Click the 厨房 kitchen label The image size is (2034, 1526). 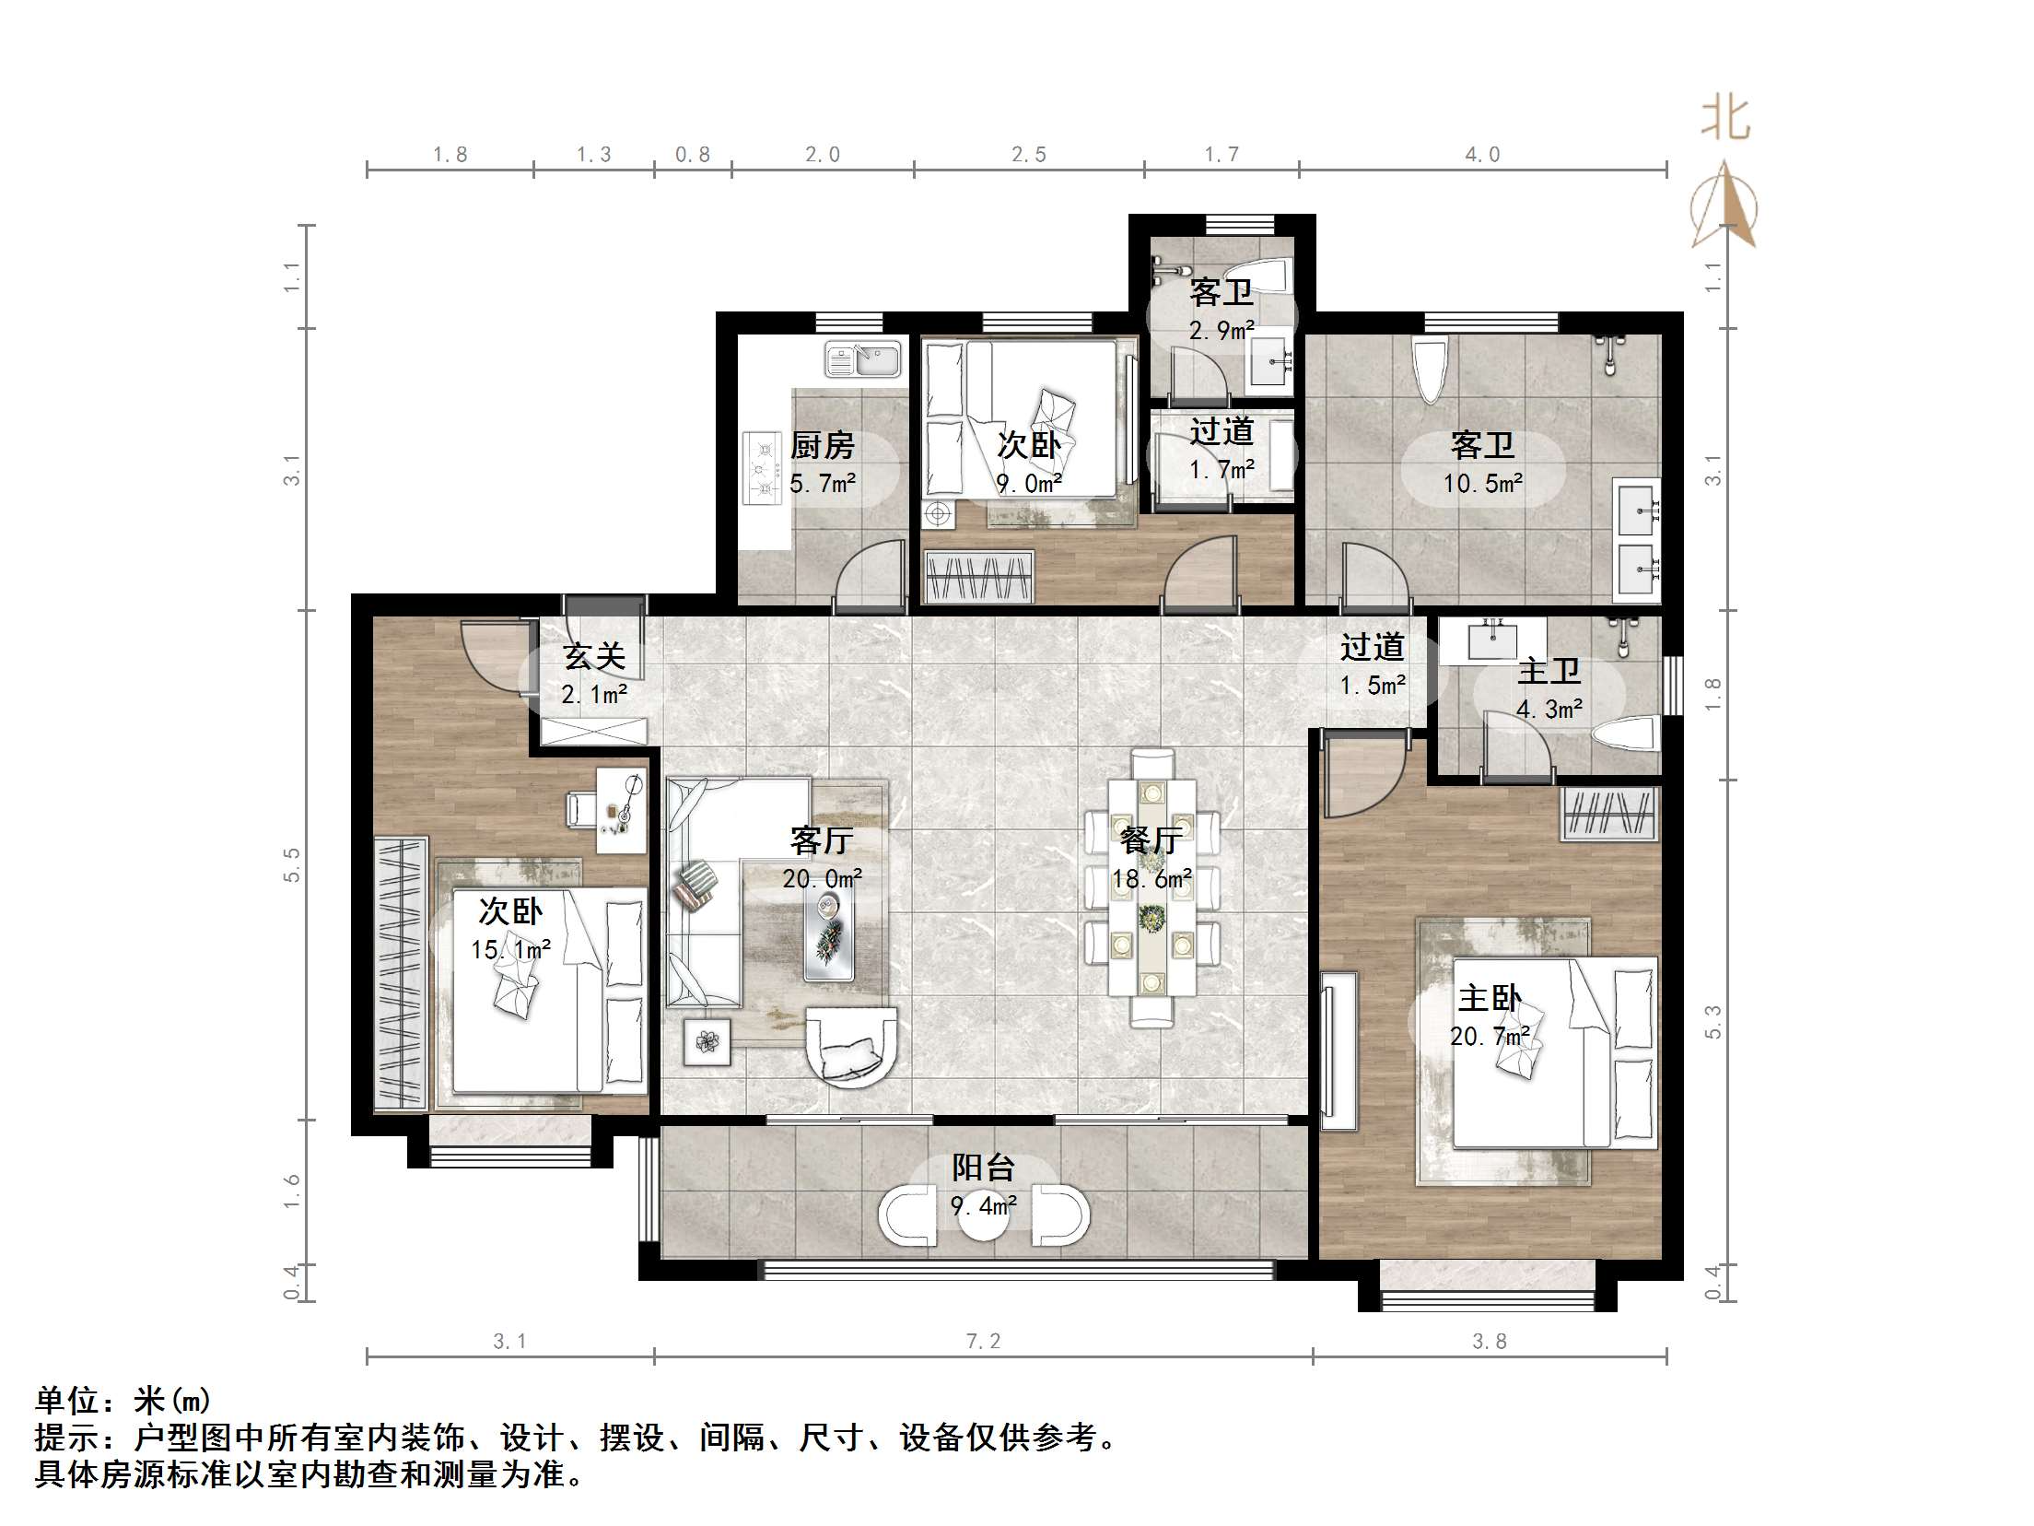pos(822,446)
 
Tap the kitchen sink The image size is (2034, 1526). pos(863,358)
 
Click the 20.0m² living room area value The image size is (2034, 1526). pos(822,879)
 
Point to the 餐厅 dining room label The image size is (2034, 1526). pos(1151,840)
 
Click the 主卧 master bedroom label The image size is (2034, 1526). pos(1490,998)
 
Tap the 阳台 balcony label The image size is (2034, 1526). pos(983,1168)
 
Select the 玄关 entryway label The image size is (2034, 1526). pos(594,656)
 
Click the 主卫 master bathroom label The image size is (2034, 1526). pos(1549,670)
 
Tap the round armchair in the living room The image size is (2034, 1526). pos(851,1047)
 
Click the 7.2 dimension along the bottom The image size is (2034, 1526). pos(983,1342)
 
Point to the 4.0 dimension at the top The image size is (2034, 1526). pos(1483,155)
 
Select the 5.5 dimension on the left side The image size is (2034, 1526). pos(292,864)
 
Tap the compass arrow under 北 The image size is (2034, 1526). pos(1724,205)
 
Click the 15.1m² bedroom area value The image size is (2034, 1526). pos(511,949)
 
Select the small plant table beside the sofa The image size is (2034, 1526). pos(707,1041)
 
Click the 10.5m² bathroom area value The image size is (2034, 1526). pos(1482,484)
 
